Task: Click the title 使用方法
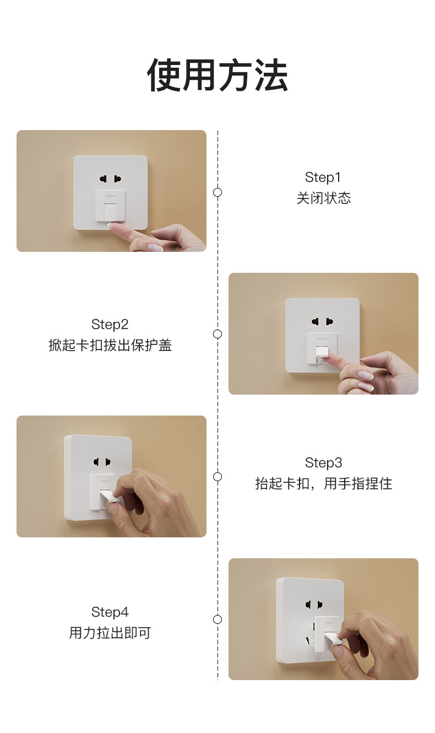point(218,75)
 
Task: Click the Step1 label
point(323,177)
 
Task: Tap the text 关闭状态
point(324,198)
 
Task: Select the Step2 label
point(110,325)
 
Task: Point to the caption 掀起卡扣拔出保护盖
point(110,345)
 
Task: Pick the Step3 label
point(324,463)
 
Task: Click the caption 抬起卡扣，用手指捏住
point(324,483)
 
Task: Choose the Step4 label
point(110,612)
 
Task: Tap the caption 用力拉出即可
point(110,633)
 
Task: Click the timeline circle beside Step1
point(218,192)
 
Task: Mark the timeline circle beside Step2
point(218,334)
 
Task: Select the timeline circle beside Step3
point(218,477)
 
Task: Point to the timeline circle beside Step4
point(218,619)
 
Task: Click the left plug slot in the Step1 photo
point(104,179)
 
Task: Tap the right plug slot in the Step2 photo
point(329,322)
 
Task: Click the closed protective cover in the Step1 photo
point(110,206)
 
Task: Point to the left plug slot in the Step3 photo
point(97,462)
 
